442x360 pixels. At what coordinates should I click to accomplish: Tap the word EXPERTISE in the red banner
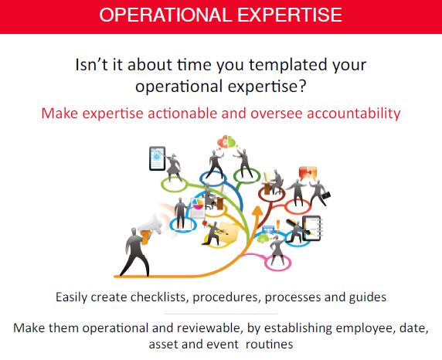click(x=290, y=15)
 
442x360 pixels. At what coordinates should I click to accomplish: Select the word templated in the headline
click(x=287, y=66)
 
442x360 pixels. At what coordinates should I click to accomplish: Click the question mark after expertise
click(x=302, y=86)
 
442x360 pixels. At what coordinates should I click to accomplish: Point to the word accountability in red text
click(x=353, y=114)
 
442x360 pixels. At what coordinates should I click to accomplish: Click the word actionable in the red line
click(x=182, y=114)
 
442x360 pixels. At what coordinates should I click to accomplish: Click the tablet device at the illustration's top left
click(x=158, y=158)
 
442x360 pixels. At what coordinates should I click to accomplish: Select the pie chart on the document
click(x=198, y=203)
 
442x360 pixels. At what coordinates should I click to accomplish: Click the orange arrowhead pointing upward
click(x=257, y=212)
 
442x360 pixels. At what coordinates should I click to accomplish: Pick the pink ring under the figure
click(x=278, y=263)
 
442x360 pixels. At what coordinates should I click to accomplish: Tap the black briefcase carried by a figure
click(x=325, y=195)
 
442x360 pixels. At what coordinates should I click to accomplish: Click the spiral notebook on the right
click(x=311, y=229)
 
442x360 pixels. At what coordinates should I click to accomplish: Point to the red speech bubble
click(x=308, y=173)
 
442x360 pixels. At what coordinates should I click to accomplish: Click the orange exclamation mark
click(x=278, y=226)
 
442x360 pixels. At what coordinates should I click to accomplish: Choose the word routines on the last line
click(x=270, y=345)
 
